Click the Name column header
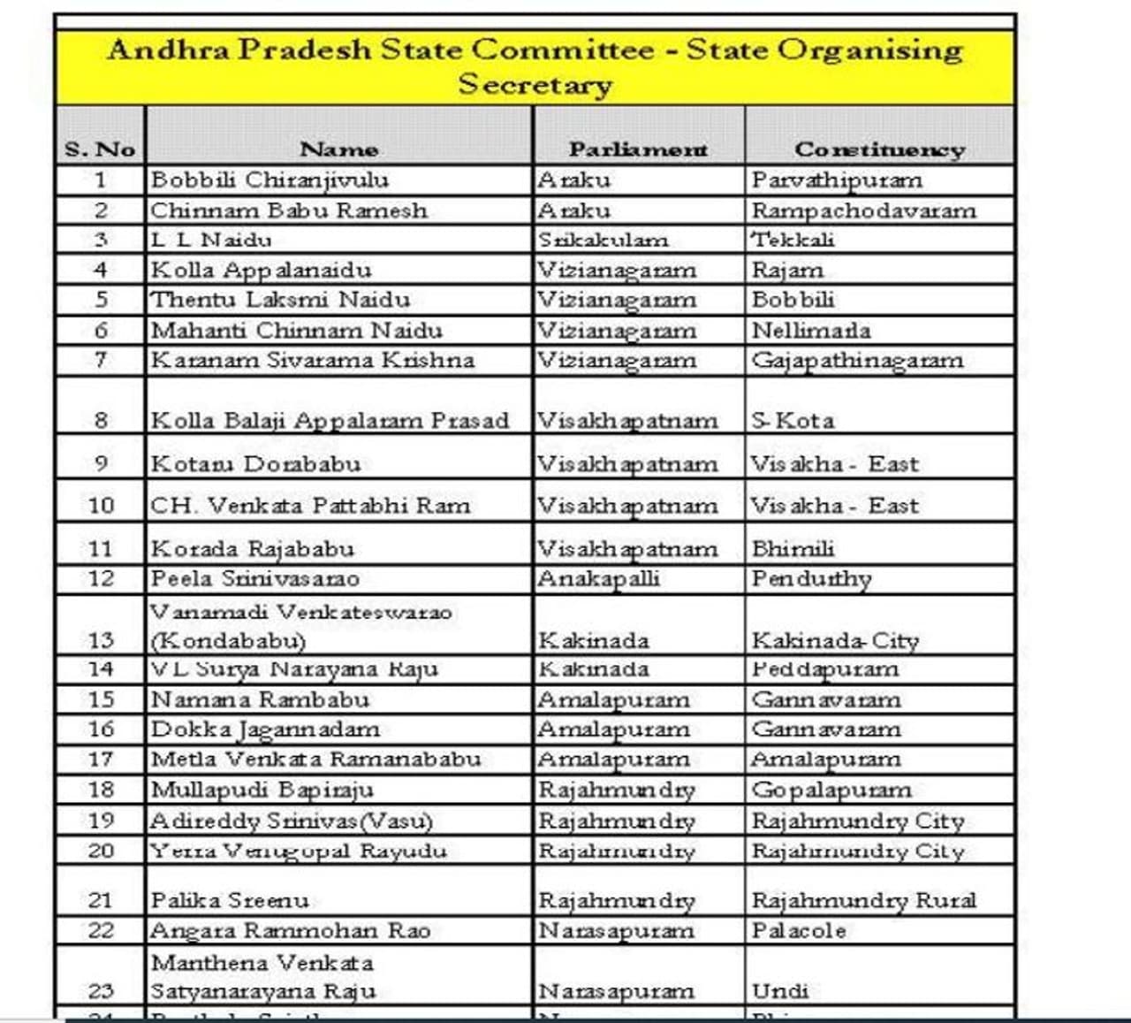(338, 149)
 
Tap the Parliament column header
(638, 149)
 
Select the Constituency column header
(879, 149)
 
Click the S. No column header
(100, 149)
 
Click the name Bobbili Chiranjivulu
(269, 180)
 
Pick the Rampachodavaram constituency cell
(863, 210)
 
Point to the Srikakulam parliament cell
(603, 240)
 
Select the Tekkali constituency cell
(793, 240)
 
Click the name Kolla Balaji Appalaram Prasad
(330, 420)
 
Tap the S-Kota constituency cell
(793, 420)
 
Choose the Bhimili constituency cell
(793, 549)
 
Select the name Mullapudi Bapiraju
(262, 790)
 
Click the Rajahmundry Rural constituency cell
(863, 900)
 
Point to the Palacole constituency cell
(799, 930)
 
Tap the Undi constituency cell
(780, 991)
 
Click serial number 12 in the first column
(101, 579)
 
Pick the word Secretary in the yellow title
(535, 85)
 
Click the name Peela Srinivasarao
(255, 579)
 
